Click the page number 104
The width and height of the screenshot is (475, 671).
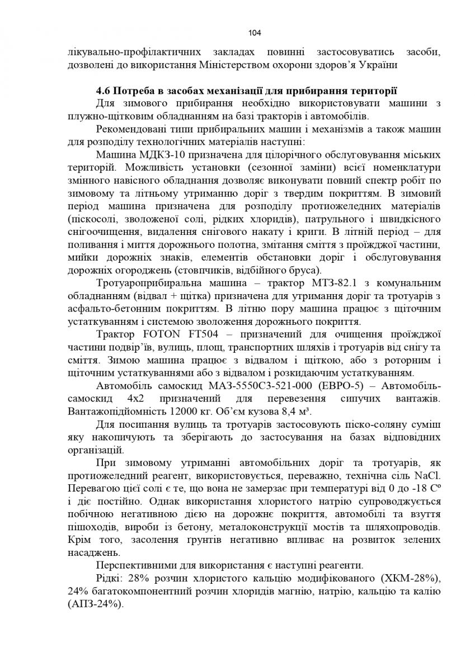coord(255,33)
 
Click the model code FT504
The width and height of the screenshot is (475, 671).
coord(208,334)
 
